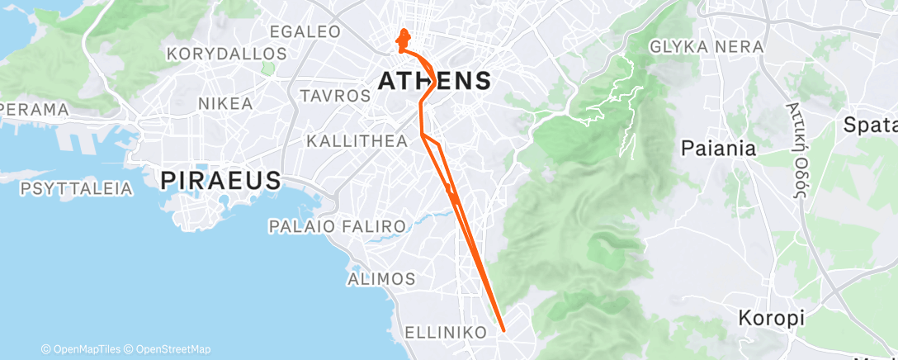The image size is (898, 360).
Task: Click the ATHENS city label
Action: (x=434, y=80)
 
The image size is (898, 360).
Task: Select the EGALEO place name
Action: (x=305, y=32)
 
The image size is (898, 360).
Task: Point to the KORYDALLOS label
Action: (x=226, y=54)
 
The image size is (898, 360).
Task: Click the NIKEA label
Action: (x=225, y=104)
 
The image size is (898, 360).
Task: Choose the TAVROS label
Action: (x=336, y=96)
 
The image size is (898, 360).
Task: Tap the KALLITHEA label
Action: (x=357, y=141)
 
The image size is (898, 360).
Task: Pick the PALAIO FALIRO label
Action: (x=338, y=226)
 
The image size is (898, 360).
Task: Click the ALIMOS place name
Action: (x=381, y=278)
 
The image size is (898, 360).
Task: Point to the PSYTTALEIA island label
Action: (x=77, y=189)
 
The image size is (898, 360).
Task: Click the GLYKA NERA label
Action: (x=707, y=47)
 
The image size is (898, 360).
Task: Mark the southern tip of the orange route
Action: (x=503, y=331)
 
